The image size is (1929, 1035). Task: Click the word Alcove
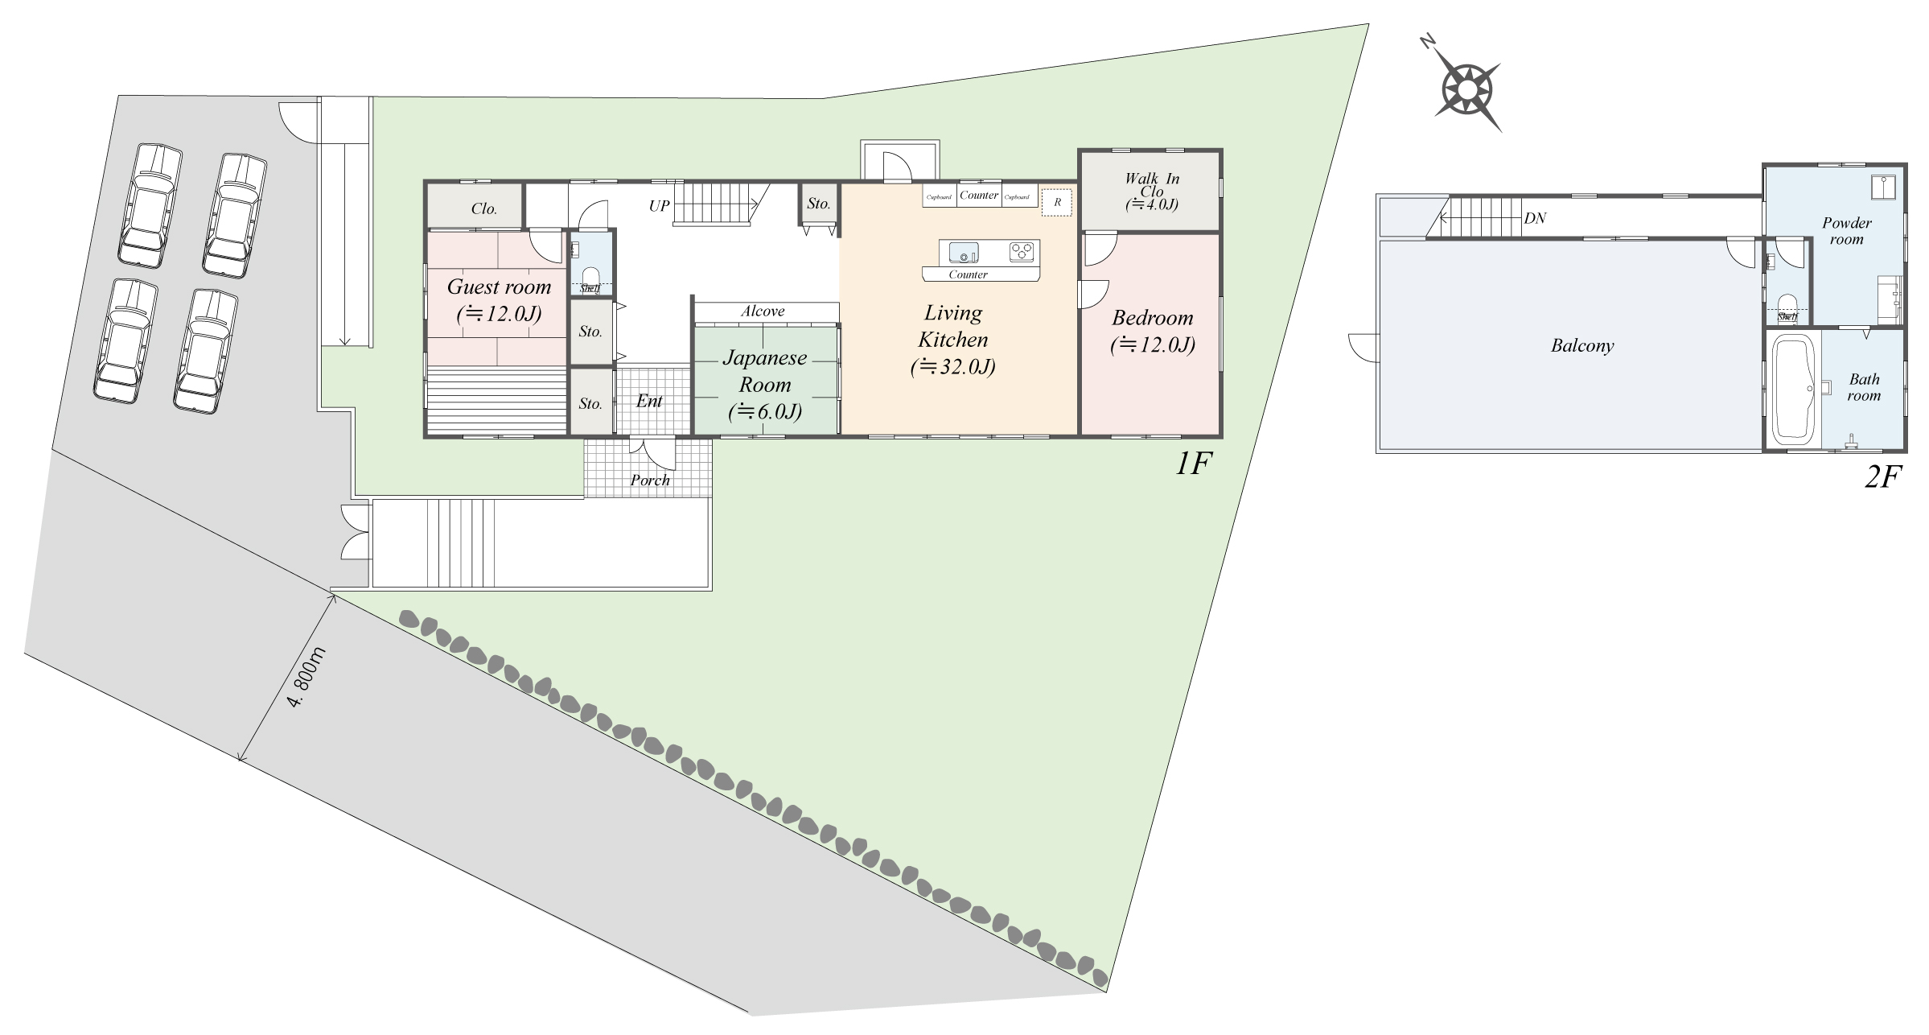click(x=763, y=311)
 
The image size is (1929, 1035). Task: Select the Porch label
click(x=650, y=480)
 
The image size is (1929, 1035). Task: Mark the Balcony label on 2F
click(x=1582, y=346)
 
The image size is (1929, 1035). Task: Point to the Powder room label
click(x=1847, y=231)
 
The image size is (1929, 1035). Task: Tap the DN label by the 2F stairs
click(x=1535, y=218)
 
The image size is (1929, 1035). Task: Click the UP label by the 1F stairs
click(x=659, y=206)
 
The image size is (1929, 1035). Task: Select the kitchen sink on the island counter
click(x=963, y=253)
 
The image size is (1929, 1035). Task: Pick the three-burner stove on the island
click(x=1022, y=252)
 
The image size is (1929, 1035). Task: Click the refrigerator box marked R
click(x=1057, y=202)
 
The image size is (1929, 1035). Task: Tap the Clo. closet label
click(x=483, y=209)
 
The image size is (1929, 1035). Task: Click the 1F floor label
click(x=1193, y=464)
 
